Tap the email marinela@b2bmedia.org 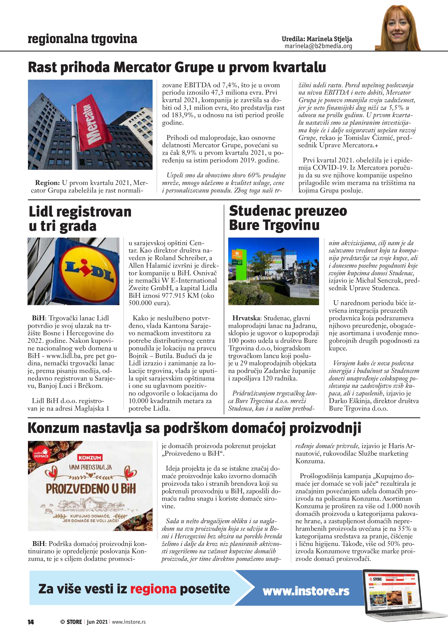click(x=318, y=46)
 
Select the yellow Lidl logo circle click(x=88, y=271)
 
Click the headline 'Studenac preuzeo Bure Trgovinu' click(x=288, y=218)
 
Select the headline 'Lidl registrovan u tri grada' click(x=80, y=219)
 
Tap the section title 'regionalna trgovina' click(x=82, y=39)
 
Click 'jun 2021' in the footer click(x=97, y=622)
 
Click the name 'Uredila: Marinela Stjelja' click(x=317, y=39)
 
